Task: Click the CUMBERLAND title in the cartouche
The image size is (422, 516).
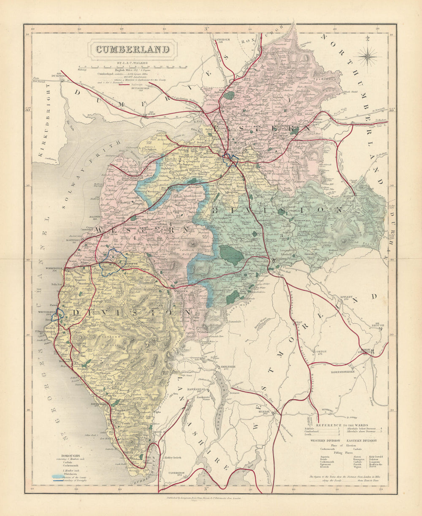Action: coord(133,49)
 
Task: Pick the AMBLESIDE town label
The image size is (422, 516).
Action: coord(227,367)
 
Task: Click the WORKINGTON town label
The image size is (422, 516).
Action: coord(54,268)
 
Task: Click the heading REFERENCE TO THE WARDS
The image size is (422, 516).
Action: coord(342,425)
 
